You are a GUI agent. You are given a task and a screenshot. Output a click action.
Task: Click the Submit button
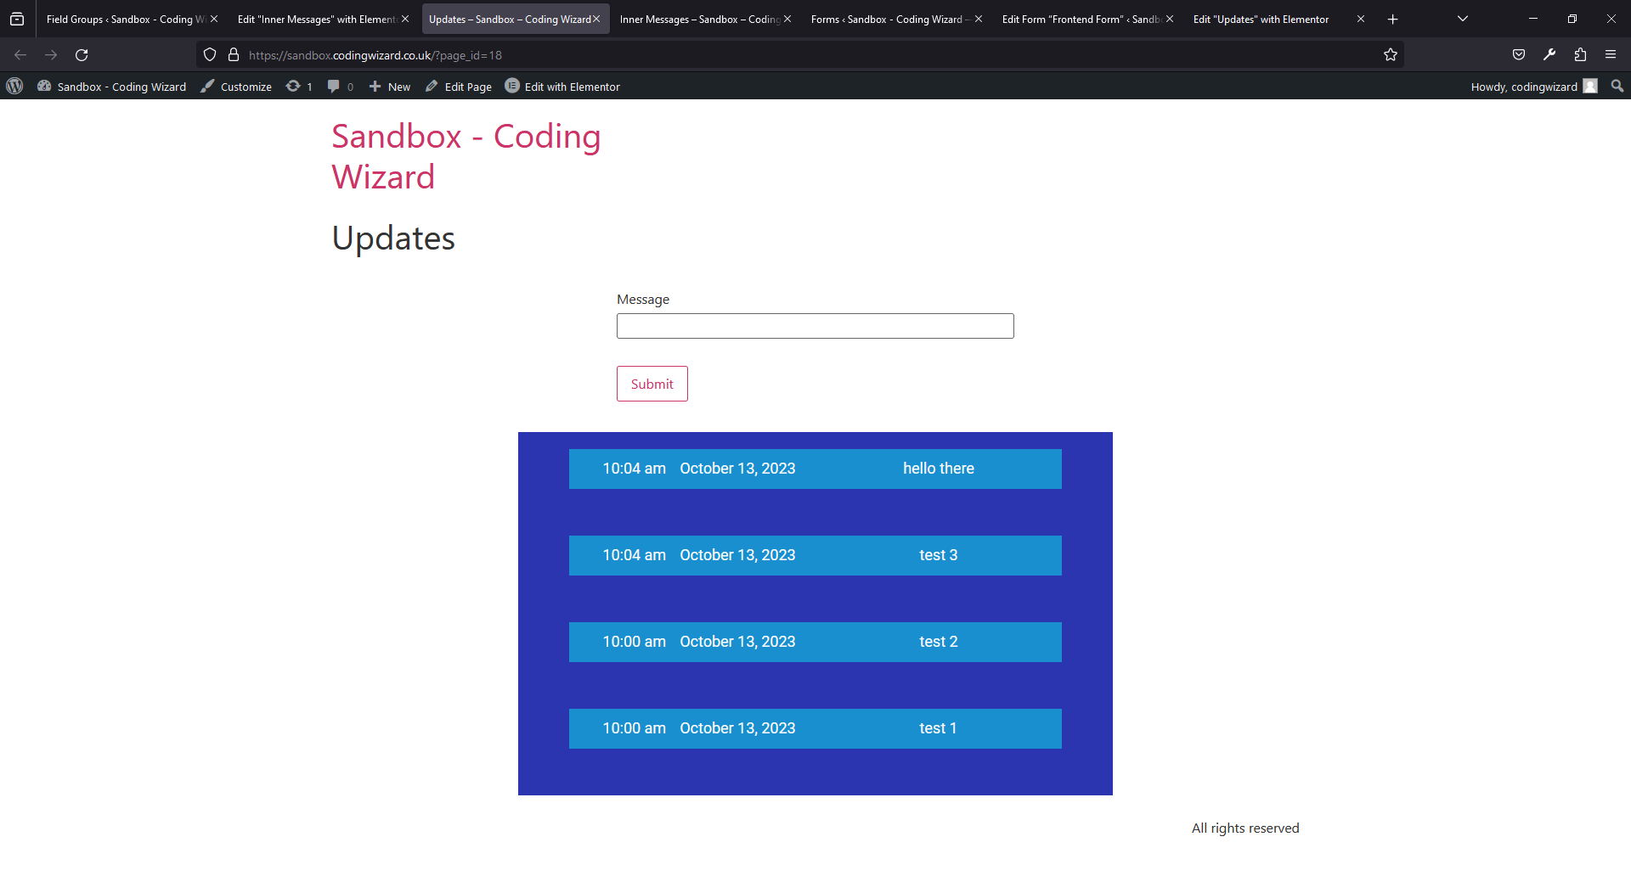[652, 384]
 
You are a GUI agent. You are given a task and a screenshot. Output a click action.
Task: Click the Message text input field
[815, 326]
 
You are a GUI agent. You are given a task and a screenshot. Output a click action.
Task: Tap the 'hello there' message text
[938, 469]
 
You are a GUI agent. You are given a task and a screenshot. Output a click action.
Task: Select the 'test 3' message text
[938, 555]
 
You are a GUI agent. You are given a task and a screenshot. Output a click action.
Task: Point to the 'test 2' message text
[938, 642]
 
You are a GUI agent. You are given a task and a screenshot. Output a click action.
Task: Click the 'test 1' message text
[938, 728]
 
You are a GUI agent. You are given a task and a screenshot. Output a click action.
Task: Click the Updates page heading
[393, 239]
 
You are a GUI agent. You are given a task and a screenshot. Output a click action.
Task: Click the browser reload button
[82, 55]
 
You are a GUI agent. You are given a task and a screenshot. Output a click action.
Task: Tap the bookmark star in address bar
[1391, 55]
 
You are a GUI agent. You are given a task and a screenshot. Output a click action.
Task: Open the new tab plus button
[1393, 19]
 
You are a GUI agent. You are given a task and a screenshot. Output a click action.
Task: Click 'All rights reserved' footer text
[1245, 828]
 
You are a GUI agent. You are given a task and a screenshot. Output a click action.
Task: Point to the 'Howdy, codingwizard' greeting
[1524, 87]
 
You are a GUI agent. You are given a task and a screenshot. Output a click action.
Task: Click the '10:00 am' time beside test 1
[634, 728]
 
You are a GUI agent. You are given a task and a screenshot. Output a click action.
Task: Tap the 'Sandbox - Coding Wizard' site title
[466, 156]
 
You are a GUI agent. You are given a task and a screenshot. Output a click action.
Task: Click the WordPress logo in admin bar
[14, 86]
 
